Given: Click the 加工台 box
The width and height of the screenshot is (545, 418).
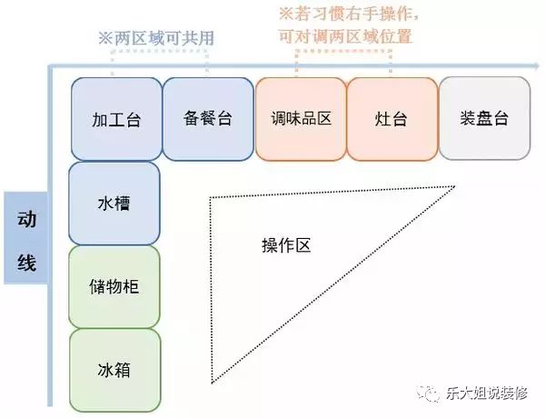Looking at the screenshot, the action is click(x=116, y=119).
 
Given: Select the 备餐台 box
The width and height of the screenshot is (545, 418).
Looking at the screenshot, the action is click(x=208, y=119).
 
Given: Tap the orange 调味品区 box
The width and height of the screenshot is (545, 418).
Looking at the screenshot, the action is click(x=301, y=119).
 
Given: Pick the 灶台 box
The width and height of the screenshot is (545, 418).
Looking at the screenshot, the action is click(x=392, y=119).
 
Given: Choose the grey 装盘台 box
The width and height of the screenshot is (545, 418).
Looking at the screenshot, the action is click(x=484, y=118).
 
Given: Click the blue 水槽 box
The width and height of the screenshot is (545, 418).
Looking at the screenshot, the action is click(x=114, y=204).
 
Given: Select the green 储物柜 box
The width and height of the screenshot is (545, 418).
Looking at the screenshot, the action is click(x=114, y=287).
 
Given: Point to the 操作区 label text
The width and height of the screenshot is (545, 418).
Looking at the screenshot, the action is click(x=286, y=245).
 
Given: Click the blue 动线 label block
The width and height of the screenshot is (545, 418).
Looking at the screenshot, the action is click(x=26, y=238).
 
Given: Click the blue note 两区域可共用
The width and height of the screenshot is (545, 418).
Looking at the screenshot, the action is click(x=156, y=38).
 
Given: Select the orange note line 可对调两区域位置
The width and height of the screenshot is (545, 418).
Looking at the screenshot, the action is click(x=345, y=36).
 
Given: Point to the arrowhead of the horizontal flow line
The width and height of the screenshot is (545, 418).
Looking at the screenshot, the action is click(x=536, y=65).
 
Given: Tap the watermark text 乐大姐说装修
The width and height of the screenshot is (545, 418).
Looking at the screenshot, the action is click(x=487, y=393).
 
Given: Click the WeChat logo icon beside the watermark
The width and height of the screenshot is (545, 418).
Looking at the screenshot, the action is click(x=429, y=393).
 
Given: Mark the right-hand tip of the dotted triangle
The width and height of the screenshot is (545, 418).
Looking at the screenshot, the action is click(x=455, y=187).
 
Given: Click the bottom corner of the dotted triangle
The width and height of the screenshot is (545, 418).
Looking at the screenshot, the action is click(x=212, y=383).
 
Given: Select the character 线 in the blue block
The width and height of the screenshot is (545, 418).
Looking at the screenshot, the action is click(x=26, y=262).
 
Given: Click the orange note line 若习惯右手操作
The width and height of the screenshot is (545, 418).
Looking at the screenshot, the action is click(x=349, y=14).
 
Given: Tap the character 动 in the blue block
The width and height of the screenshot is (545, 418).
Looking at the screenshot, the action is click(x=26, y=219).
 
